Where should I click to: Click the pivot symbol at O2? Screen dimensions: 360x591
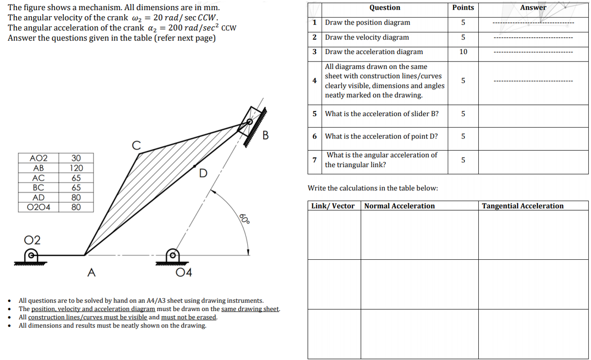click(31, 255)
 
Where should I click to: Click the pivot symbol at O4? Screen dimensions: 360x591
click(172, 255)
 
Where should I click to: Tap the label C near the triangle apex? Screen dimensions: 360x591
click(136, 145)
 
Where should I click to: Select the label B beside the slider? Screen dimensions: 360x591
click(265, 135)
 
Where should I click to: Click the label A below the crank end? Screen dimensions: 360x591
click(91, 273)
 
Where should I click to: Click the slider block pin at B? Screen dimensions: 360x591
click(249, 122)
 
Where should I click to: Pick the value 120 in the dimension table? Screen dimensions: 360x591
click(76, 168)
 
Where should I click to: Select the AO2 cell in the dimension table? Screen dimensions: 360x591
click(39, 159)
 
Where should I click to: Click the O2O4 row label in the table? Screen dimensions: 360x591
click(39, 207)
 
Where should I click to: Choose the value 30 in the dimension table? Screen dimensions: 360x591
click(76, 159)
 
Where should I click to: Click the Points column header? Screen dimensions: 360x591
click(463, 7)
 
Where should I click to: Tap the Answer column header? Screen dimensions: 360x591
click(533, 7)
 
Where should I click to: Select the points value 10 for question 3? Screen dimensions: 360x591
click(463, 52)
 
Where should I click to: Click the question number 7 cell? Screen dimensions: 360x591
click(314, 160)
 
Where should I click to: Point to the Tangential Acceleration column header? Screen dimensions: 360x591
click(523, 206)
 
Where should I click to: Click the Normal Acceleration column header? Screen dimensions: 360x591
click(399, 206)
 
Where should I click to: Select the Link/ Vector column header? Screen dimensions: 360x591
click(333, 206)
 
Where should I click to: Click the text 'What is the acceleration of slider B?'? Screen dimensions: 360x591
click(382, 114)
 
